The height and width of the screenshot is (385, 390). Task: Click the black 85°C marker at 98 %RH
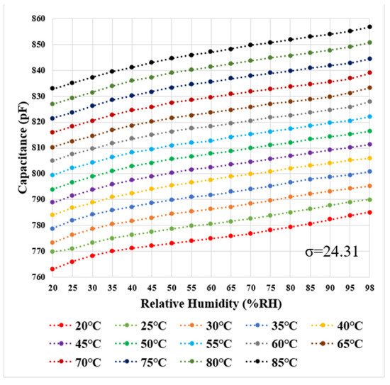pos(369,27)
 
